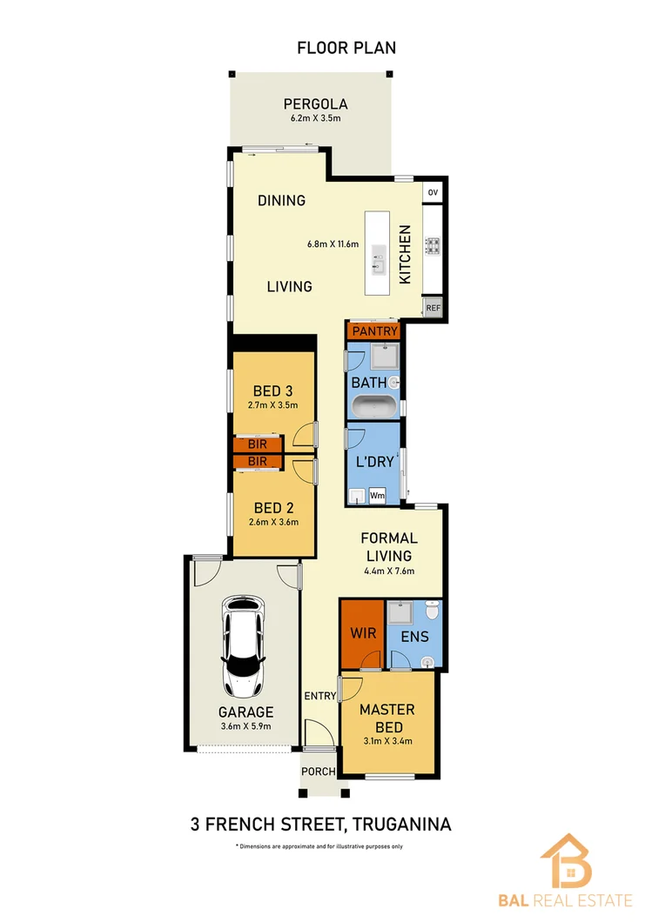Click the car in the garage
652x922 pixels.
coord(243,645)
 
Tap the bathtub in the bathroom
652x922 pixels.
coord(374,407)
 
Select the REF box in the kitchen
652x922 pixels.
coord(433,306)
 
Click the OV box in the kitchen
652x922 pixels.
coord(433,191)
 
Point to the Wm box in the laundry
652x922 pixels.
coord(378,495)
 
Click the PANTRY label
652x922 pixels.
coord(375,331)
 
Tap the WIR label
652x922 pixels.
coord(363,633)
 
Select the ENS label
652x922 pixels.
coord(415,636)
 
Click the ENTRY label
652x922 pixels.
coord(319,695)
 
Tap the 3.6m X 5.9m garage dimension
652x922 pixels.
coord(245,727)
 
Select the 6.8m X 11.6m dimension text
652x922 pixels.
coord(333,244)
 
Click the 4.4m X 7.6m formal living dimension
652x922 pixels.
coord(389,571)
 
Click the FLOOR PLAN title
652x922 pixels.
coord(346,48)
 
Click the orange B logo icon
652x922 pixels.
coord(565,860)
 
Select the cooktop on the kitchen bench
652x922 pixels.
coord(432,246)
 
